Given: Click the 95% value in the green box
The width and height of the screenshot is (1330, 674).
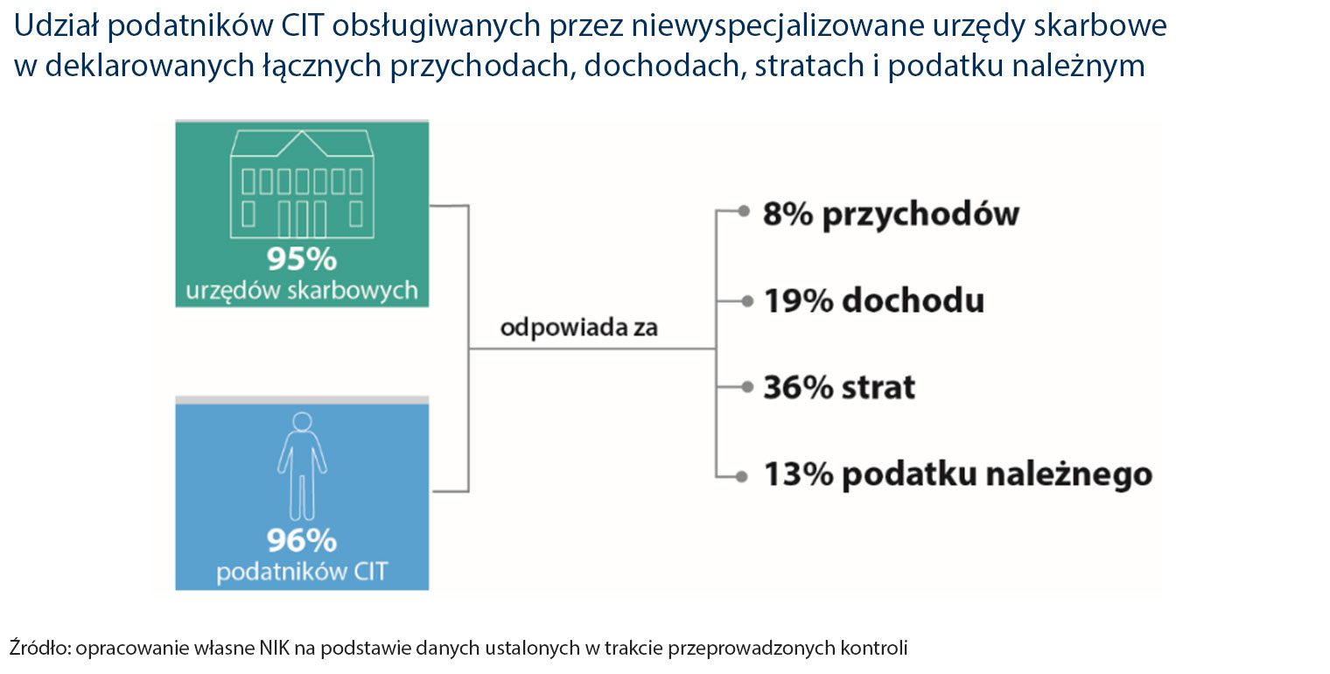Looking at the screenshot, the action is point(302,259).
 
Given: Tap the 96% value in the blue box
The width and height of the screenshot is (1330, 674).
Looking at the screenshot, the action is point(302,540).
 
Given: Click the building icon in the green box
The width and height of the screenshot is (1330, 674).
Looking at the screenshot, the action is point(302,185).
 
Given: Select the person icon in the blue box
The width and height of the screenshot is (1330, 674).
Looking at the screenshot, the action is point(302,467).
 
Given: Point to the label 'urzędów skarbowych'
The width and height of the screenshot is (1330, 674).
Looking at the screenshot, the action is point(302,291).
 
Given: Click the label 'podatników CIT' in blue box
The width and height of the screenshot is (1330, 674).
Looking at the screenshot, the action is point(302,572).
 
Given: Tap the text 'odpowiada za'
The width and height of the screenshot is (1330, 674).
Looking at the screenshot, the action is point(579,327).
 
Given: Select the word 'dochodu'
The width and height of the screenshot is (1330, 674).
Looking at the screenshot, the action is point(913,300).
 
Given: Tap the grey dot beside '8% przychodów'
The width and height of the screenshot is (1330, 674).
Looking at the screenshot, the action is point(743,211).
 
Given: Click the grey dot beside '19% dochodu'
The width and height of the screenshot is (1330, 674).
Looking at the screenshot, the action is point(747,302).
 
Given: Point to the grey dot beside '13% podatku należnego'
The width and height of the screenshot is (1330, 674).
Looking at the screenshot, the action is point(740,476).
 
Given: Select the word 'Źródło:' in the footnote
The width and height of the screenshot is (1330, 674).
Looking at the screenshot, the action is point(39,647).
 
